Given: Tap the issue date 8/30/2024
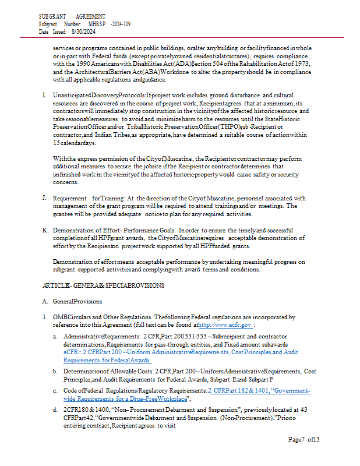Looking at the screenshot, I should point(83,32).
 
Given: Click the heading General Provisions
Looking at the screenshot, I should point(77,301).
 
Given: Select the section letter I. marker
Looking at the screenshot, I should point(45,94).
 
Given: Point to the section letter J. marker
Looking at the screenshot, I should point(45,198).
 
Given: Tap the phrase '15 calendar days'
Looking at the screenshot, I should point(75,143).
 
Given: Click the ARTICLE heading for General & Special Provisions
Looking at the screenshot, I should point(103,285).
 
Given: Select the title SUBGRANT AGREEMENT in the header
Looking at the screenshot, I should point(72,17).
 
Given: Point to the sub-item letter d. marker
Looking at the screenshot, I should point(55,410).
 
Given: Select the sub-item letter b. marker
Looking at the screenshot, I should point(55,371).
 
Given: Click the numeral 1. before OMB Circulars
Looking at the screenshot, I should point(45,317).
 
